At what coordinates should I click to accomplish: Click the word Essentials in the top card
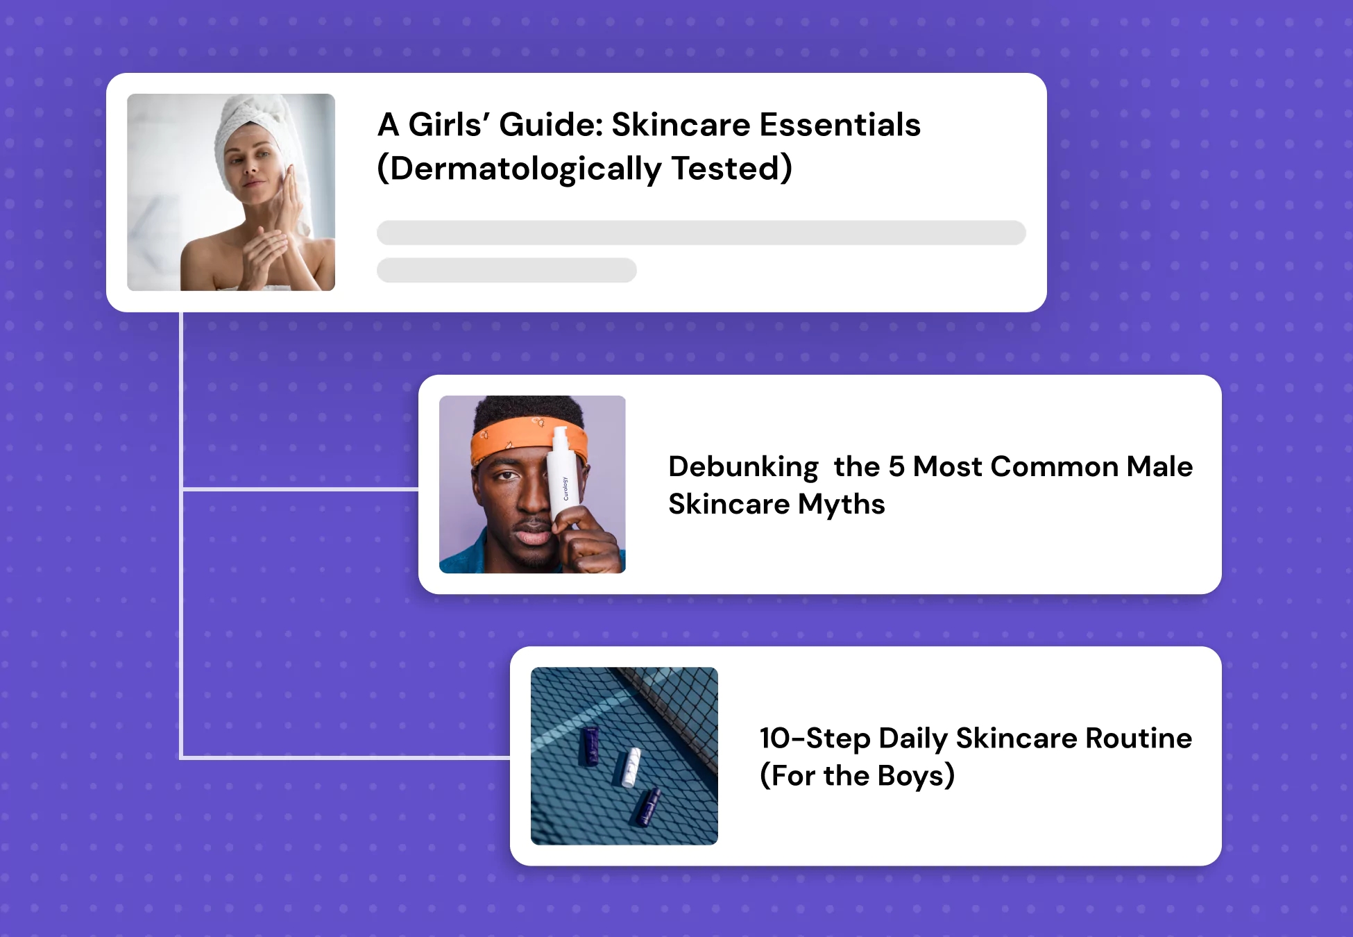point(840,125)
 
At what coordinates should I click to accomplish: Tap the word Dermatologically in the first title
point(526,169)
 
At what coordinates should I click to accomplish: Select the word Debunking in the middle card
point(743,467)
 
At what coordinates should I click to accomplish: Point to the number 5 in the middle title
point(896,466)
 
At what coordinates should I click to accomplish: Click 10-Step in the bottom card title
point(815,738)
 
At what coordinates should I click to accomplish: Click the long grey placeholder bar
point(701,233)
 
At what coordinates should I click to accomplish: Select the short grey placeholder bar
point(507,270)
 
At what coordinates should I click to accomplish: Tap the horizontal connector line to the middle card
point(300,489)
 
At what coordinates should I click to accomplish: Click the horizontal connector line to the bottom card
point(346,757)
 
